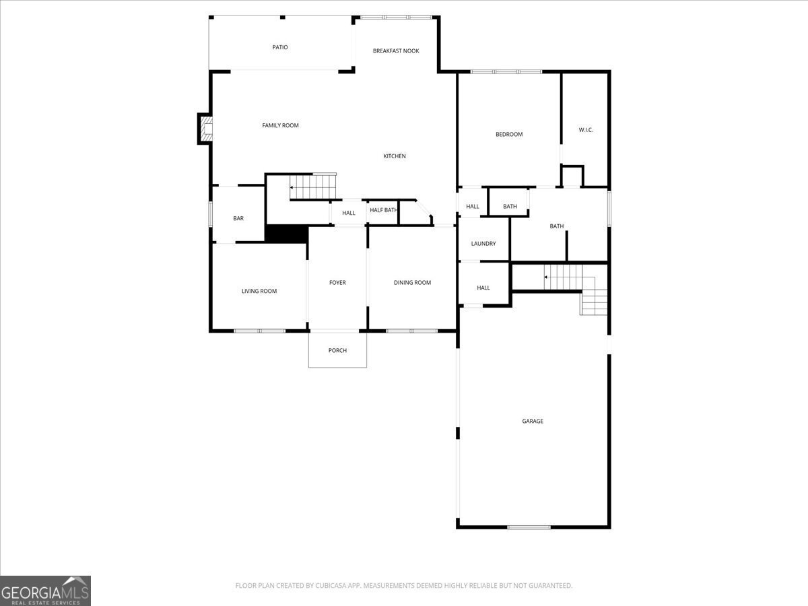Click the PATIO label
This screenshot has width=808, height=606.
(280, 47)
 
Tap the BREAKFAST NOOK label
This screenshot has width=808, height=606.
(396, 50)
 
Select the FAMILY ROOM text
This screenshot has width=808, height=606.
(280, 125)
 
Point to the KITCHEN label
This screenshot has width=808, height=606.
(395, 156)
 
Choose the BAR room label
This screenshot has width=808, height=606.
(238, 218)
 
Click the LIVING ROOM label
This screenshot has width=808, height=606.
(259, 291)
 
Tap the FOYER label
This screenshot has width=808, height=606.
(337, 283)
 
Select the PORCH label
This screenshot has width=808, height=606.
(337, 350)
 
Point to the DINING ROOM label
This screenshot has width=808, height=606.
(412, 283)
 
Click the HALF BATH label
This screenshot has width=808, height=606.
(383, 210)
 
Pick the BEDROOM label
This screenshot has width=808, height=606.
(509, 134)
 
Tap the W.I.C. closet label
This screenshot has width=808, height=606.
(586, 129)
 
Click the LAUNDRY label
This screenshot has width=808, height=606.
(483, 244)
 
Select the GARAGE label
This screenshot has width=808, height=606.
(533, 421)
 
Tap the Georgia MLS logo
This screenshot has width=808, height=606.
(45, 591)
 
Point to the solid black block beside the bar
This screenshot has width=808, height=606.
(286, 234)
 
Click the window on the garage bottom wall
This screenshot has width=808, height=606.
(529, 527)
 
